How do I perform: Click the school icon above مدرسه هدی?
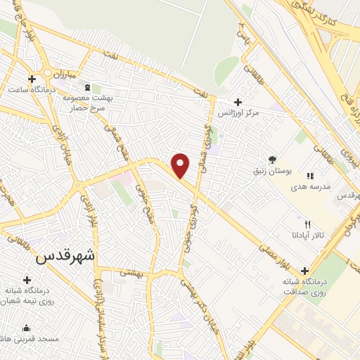309,176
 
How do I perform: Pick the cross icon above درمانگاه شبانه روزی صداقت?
304,271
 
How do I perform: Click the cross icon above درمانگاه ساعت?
32,78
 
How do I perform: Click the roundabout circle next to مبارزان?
48,72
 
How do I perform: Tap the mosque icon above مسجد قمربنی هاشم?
27,328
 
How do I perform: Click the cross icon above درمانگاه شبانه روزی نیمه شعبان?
27,280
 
